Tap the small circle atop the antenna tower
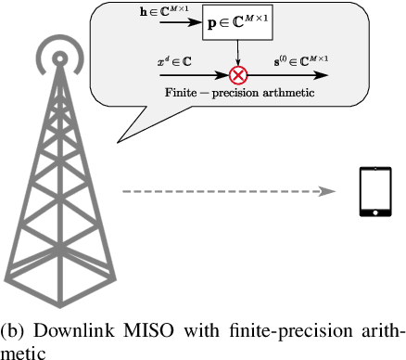pos(58,58)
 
